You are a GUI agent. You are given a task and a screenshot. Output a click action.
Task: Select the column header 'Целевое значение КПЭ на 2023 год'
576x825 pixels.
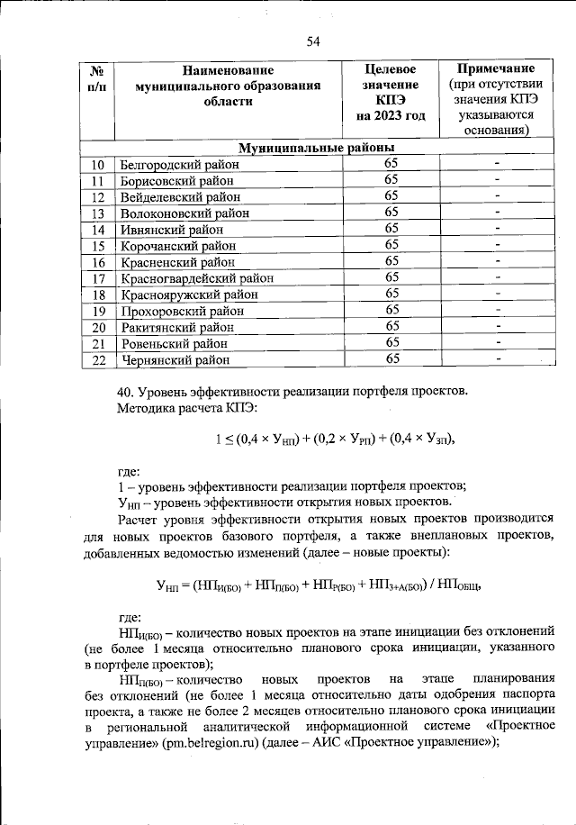390,93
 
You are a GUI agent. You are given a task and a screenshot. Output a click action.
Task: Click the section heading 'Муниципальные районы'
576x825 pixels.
317,148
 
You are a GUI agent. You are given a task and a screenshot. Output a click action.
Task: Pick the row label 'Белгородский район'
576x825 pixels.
180,164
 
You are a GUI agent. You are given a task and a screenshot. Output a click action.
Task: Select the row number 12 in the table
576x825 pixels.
99,196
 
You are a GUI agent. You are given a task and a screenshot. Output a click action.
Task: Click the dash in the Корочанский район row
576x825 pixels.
496,245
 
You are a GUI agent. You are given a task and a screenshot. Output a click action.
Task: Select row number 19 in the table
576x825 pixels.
99,310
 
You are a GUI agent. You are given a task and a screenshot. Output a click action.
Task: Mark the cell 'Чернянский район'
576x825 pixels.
175,359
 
